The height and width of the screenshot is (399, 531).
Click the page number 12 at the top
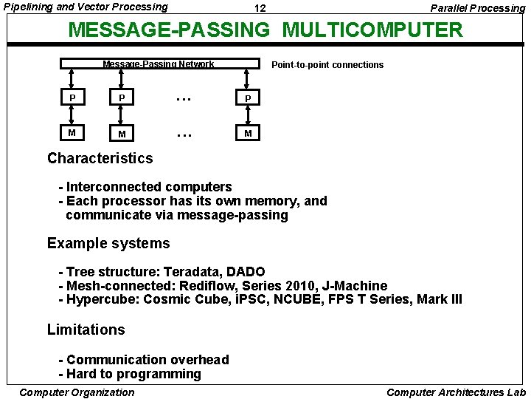coord(260,8)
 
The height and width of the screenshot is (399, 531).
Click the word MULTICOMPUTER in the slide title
coord(372,30)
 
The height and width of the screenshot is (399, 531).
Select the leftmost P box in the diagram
coord(72,98)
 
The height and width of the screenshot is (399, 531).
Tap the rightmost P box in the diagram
coord(249,98)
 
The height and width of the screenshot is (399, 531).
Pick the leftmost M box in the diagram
coord(72,133)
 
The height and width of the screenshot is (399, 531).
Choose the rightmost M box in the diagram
coord(249,133)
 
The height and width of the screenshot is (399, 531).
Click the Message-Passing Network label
coord(158,64)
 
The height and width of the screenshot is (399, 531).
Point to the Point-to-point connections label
coord(327,65)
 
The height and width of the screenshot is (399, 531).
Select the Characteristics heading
coord(100,158)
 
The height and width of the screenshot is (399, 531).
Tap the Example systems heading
coord(108,243)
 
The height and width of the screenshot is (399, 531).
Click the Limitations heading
coord(86,330)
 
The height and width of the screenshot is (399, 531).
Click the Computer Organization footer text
coord(77,392)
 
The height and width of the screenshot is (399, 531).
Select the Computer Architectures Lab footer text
coord(456,392)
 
